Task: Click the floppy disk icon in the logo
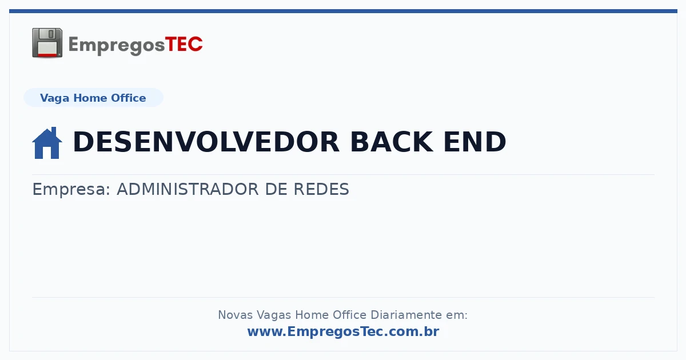47,43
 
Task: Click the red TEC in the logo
184,45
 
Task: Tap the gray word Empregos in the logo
117,46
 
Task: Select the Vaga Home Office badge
93,98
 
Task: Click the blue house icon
47,143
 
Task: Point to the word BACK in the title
392,142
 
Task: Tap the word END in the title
474,142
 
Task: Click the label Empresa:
71,190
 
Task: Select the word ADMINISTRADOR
188,189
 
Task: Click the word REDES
321,189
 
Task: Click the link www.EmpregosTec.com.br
344,331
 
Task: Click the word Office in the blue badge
128,98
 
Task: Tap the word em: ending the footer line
457,315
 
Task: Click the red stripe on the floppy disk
47,55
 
